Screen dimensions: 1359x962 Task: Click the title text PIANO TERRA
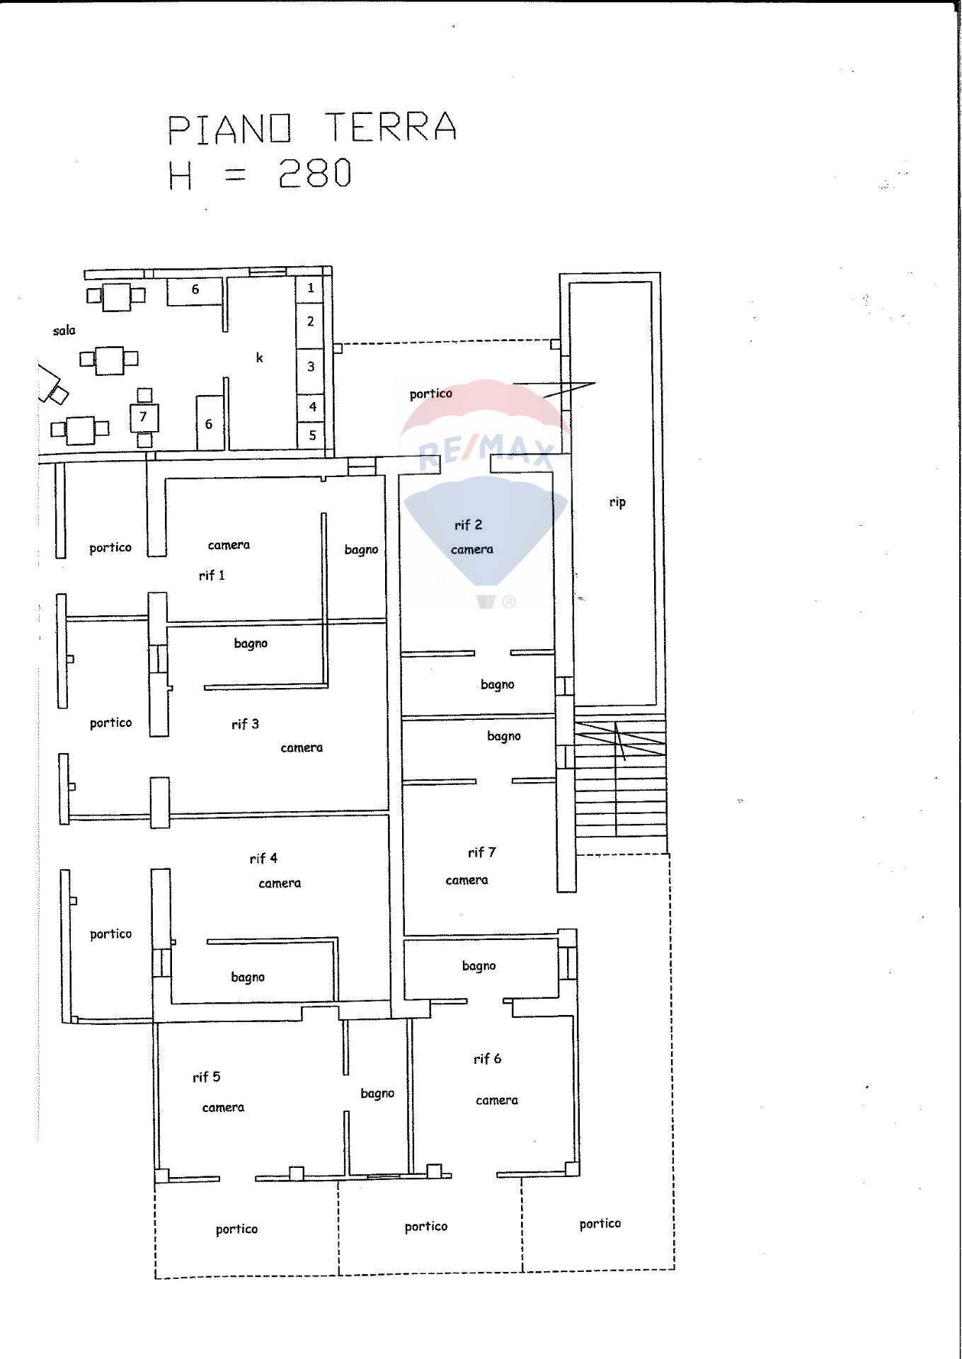[x=311, y=127]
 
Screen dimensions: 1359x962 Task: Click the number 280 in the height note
[x=315, y=173]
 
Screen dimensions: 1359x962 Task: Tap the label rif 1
[x=212, y=575]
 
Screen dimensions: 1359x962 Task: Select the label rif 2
[x=468, y=524]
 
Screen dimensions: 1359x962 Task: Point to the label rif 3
[x=245, y=724]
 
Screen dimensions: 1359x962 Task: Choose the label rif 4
[x=263, y=859]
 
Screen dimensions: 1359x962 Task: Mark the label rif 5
[x=206, y=1077]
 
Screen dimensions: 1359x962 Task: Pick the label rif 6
[x=487, y=1058]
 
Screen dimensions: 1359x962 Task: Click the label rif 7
[x=481, y=852]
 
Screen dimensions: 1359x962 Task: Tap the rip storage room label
[x=617, y=502]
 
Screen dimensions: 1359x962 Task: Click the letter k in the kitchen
[x=260, y=358]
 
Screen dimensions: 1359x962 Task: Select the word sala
[x=64, y=330]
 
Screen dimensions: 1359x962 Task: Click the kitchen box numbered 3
[x=310, y=367]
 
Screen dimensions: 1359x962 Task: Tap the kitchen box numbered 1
[x=310, y=288]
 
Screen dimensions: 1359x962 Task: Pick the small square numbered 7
[x=144, y=417]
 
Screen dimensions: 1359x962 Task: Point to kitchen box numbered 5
[x=311, y=435]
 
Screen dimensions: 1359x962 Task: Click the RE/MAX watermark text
[x=486, y=453]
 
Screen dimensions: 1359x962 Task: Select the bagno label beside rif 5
[x=377, y=1094]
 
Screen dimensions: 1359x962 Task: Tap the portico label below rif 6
[x=600, y=1223]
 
